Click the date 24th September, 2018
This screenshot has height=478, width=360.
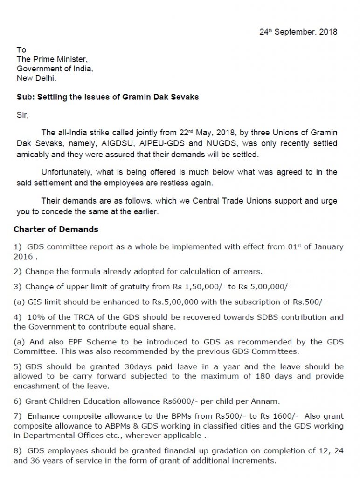point(298,32)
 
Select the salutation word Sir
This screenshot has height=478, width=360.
point(22,114)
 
